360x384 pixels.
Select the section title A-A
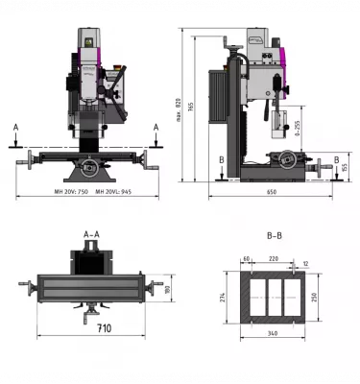coord(92,234)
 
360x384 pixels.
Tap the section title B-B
coord(275,234)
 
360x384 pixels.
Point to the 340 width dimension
coord(275,333)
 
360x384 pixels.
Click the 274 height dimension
coord(223,297)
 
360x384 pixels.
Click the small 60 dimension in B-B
coord(247,259)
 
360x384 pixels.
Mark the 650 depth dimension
coord(272,193)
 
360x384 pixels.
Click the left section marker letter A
coord(15,127)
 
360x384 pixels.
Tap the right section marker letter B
coord(336,158)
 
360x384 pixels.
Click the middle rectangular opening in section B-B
coord(273,297)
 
